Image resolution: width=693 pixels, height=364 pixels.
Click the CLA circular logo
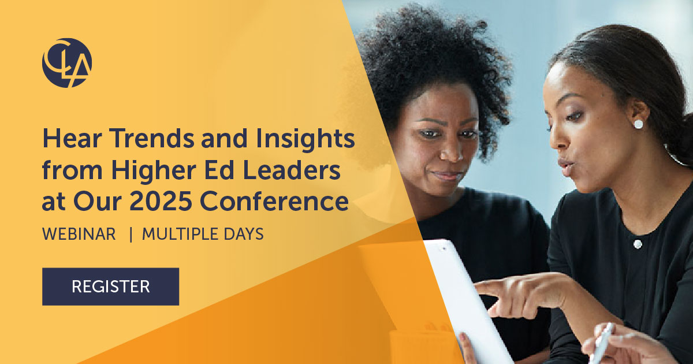(67, 63)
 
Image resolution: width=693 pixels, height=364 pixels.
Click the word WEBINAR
(79, 235)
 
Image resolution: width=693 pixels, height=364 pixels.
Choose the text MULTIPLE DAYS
(203, 235)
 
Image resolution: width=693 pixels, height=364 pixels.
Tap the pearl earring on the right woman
(638, 124)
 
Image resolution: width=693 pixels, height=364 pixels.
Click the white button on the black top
(638, 244)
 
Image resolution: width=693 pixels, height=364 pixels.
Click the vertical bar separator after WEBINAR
(131, 235)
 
